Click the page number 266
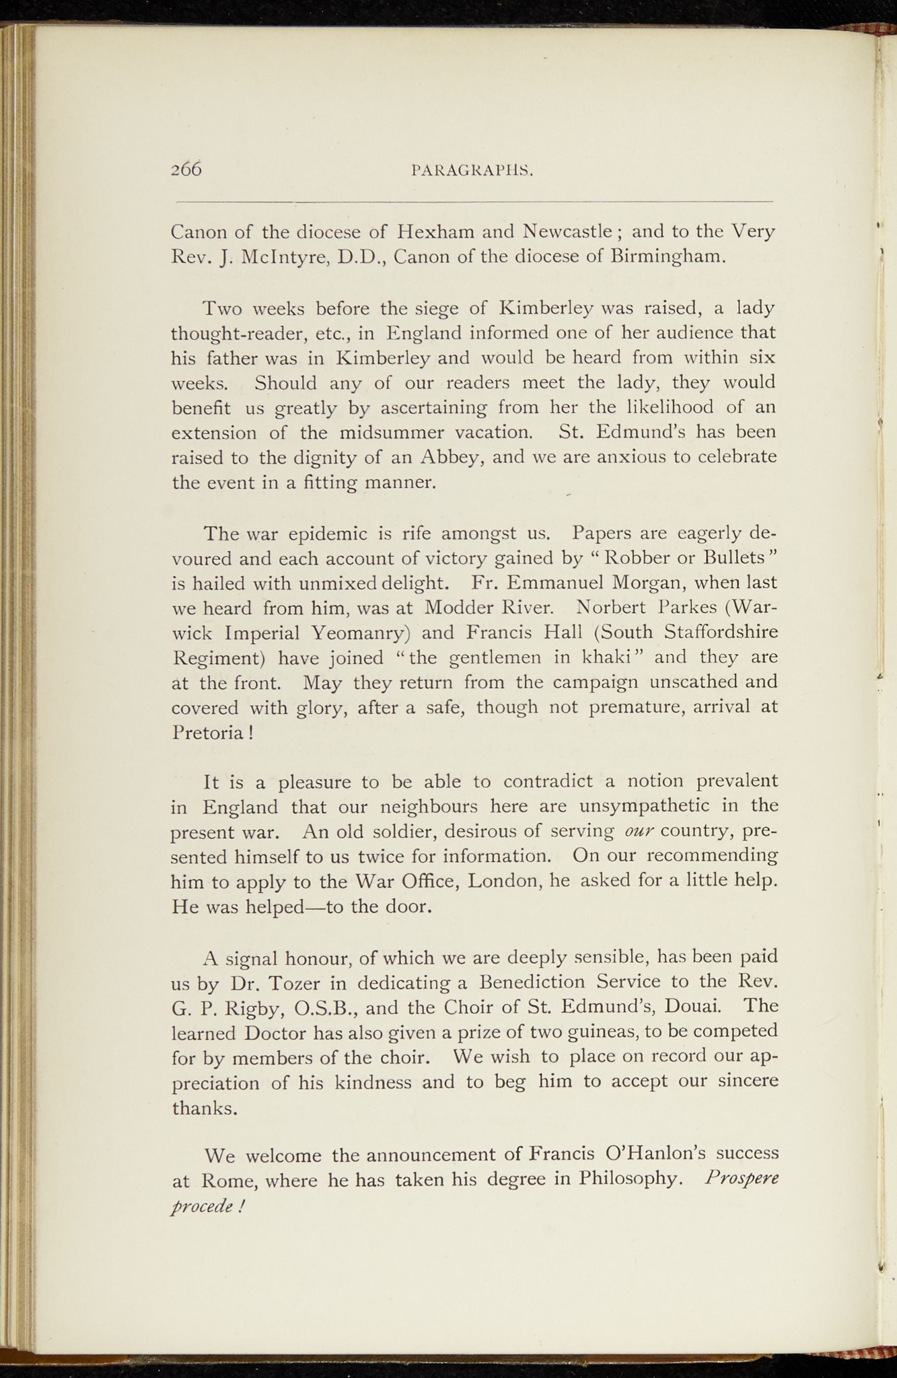[x=186, y=169]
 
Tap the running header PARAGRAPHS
[x=472, y=171]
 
